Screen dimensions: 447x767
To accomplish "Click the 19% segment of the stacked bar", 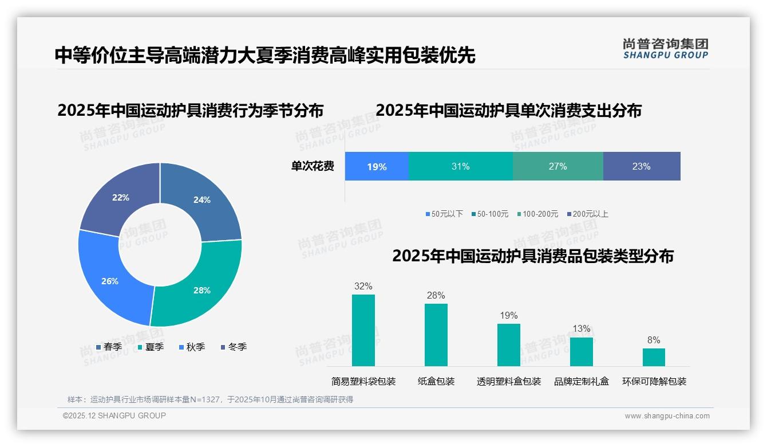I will point(377,167).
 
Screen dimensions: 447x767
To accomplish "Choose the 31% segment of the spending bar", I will point(460,167).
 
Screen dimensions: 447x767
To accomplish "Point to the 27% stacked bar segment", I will point(558,167).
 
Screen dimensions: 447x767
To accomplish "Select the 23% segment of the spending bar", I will point(641,167).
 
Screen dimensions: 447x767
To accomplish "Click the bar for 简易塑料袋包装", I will point(363,330).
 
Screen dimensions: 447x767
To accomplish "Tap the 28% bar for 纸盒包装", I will point(436,335).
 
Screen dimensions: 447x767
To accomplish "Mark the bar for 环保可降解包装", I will point(654,357).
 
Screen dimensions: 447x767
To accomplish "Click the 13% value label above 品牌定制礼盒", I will point(581,329).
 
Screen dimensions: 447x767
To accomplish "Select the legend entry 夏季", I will point(151,347).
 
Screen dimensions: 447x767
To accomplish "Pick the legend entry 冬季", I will point(234,347).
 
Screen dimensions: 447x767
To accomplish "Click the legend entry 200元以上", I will point(588,214).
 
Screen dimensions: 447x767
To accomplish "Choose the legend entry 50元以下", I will point(444,214).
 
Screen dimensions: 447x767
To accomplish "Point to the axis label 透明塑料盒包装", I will point(508,381).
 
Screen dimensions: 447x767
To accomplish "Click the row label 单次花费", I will point(313,167).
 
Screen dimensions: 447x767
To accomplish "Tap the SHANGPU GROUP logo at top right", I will point(665,49).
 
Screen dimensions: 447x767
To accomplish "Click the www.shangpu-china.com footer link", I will point(667,416).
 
